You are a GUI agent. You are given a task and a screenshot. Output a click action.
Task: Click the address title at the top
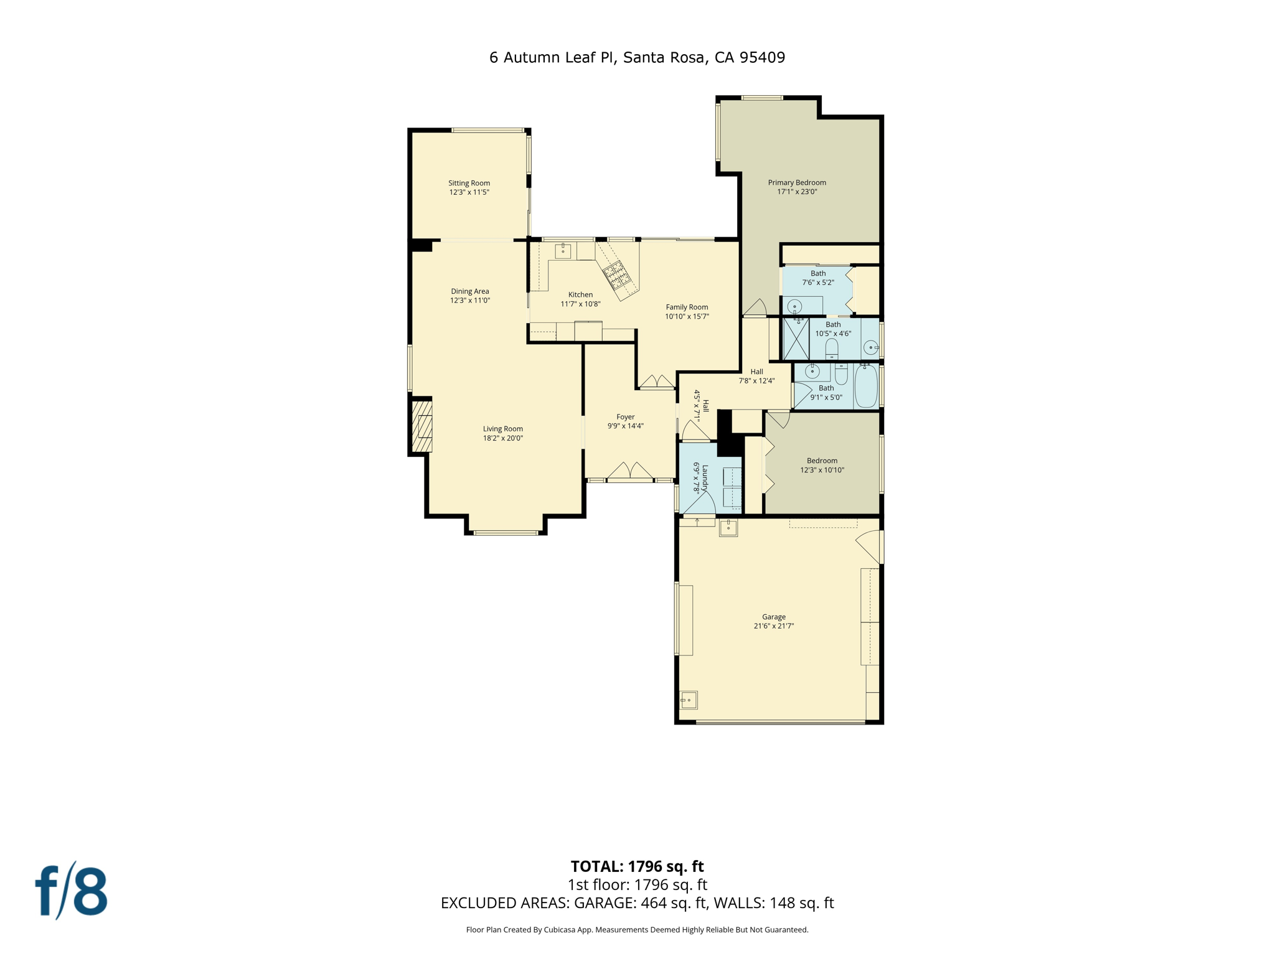coord(637,58)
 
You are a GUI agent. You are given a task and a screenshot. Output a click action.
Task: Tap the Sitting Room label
coord(469,183)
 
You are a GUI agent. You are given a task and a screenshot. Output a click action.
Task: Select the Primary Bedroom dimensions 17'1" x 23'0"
coord(797,192)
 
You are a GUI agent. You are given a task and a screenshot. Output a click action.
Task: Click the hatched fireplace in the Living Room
coord(422,426)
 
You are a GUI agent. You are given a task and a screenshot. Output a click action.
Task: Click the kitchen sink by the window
coord(563,251)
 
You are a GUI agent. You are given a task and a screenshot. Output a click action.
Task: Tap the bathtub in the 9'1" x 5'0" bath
coord(865,387)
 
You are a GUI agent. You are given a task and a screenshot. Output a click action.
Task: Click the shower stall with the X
coord(796,339)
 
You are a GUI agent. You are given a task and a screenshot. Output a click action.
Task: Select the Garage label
coord(774,617)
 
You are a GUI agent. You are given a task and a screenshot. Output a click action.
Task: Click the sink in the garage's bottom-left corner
coord(689,700)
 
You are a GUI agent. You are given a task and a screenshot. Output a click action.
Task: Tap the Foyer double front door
coord(631,472)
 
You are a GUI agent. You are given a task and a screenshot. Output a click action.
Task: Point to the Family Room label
coord(687,307)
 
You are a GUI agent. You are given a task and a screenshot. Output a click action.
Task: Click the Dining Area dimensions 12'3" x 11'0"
coord(470,301)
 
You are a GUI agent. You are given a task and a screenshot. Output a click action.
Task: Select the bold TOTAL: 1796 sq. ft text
coord(637,866)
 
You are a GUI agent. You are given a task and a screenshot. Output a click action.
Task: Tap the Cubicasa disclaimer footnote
coord(637,930)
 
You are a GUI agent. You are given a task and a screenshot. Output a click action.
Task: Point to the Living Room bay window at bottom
coord(506,533)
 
